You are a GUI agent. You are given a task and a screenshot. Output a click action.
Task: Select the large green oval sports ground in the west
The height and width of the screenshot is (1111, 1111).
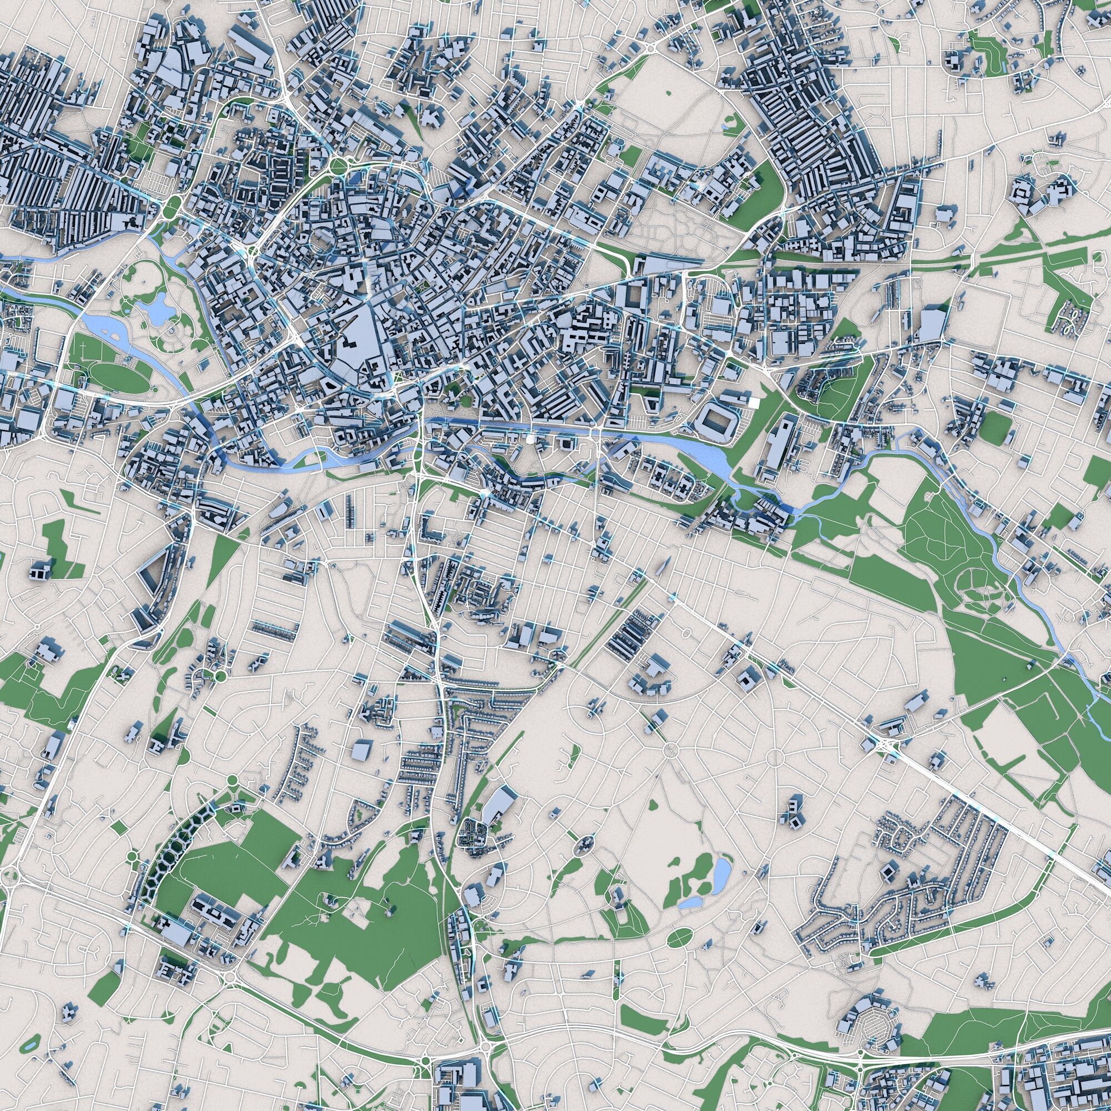coord(122,376)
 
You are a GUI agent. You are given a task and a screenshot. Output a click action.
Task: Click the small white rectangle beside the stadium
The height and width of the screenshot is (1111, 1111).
coord(753,403)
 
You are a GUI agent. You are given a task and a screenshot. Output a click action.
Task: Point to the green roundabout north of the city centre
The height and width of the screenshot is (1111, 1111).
coord(338,166)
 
